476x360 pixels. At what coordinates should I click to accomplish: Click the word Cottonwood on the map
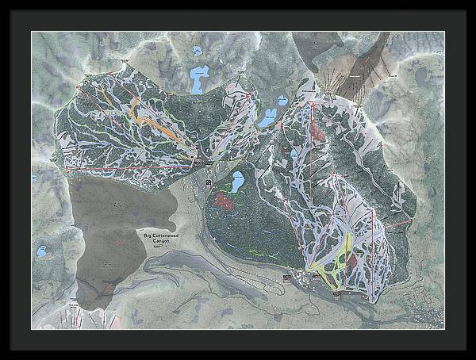[166, 236]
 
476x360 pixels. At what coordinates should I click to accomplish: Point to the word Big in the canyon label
[148, 236]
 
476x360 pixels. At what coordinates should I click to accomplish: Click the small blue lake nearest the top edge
[196, 51]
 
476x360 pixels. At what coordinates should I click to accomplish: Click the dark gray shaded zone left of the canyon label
[111, 230]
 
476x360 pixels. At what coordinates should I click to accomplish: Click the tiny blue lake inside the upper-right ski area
[294, 151]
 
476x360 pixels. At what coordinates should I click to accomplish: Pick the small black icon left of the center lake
[208, 183]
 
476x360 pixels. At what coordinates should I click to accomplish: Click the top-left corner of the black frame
[2, 2]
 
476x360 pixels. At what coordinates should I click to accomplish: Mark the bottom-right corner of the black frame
[473, 357]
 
